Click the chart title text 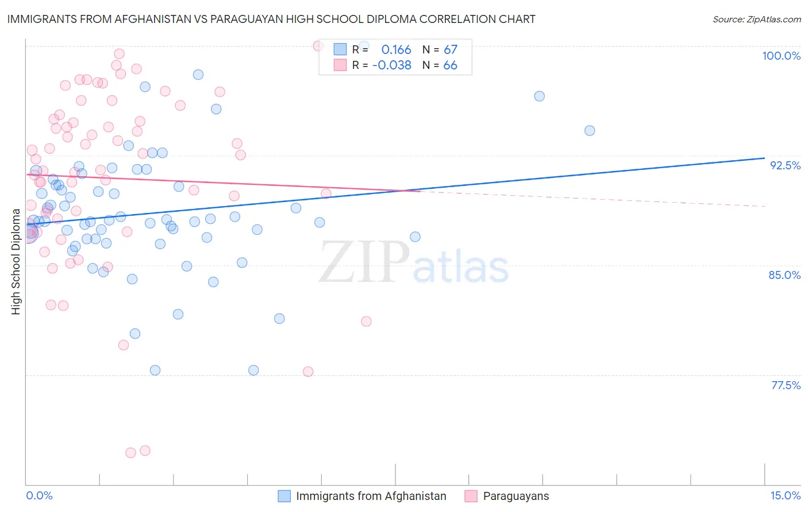point(271,20)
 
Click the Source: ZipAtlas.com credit point(756,20)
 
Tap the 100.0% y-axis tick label point(781,56)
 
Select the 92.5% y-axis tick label point(785,165)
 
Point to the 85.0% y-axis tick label point(784,275)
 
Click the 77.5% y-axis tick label point(786,385)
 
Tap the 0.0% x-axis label point(39,495)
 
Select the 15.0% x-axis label point(785,495)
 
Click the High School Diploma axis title point(16,261)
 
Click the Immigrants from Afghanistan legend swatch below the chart point(284,496)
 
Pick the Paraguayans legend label point(515,496)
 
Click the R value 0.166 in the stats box point(396,50)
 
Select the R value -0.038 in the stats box point(392,65)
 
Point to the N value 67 point(450,50)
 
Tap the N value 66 point(450,65)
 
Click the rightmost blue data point point(590,130)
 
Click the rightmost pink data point point(366,321)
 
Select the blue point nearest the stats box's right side point(539,96)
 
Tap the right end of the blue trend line point(764,158)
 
